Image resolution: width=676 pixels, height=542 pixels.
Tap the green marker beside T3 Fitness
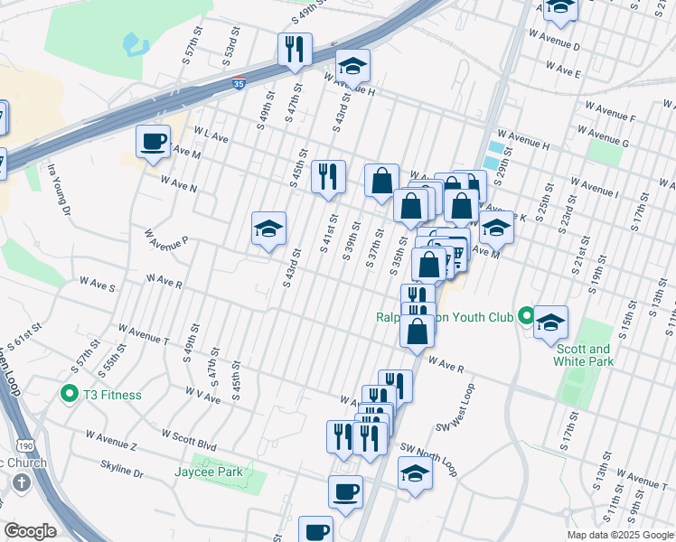tap(69, 394)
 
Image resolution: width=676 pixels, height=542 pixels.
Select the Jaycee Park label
tap(209, 472)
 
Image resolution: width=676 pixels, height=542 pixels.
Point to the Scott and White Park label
tap(585, 355)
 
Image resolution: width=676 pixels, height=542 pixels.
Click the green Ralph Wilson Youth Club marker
tap(526, 316)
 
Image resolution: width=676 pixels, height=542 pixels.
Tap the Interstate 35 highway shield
tap(238, 83)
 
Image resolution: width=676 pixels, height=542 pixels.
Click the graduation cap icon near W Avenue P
tap(268, 229)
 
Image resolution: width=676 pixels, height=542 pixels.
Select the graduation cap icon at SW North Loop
tap(415, 472)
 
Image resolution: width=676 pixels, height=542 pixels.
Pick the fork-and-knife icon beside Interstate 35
tap(295, 50)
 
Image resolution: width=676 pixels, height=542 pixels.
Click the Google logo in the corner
tap(30, 531)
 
